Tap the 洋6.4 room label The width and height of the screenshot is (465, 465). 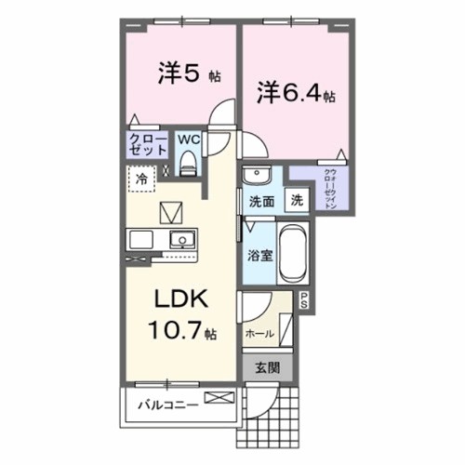coord(296,92)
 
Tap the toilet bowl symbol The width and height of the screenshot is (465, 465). coord(188,165)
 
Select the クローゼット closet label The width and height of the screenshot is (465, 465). coord(147,146)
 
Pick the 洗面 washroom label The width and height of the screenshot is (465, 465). coord(261,199)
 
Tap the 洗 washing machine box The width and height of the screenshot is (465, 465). coord(296,198)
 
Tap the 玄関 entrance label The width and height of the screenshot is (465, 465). coord(267,366)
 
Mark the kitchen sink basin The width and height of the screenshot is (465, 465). coord(183,239)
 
